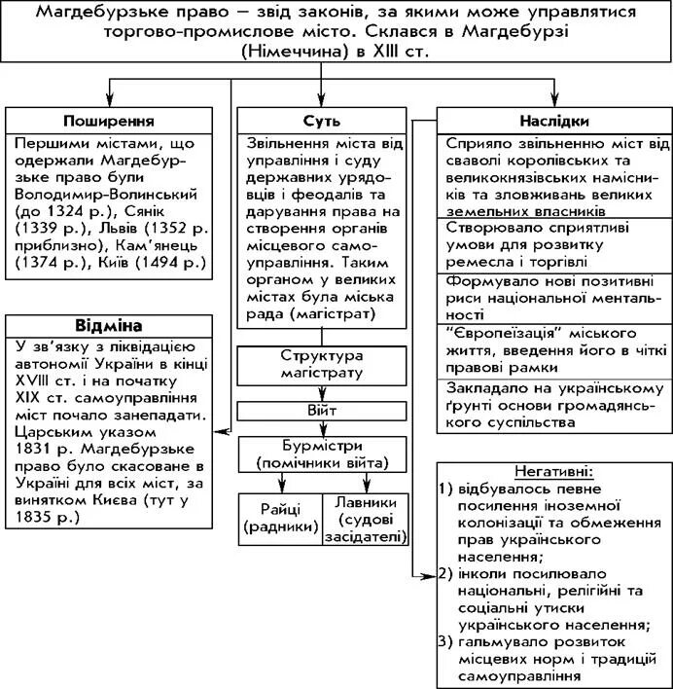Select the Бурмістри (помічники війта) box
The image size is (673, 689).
pyautogui.click(x=322, y=454)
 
